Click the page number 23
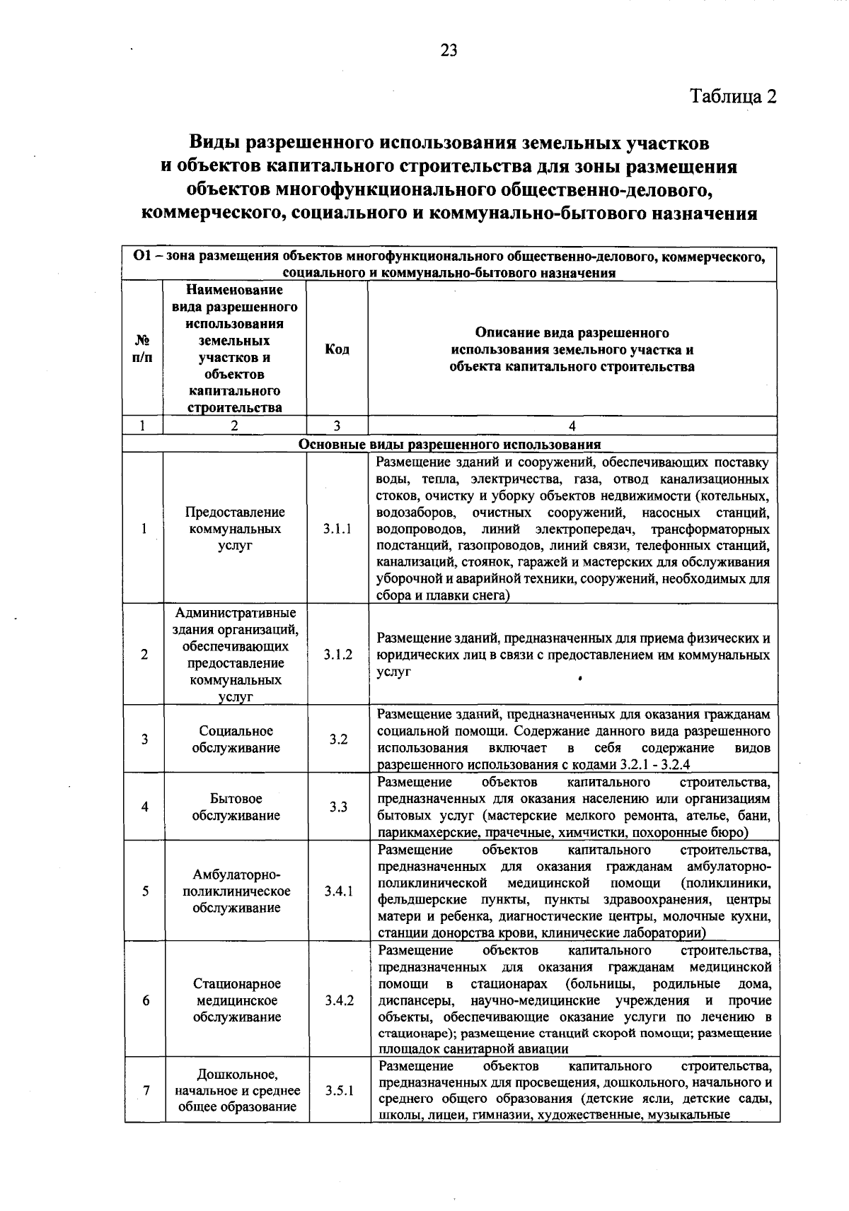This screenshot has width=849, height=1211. pos(449,50)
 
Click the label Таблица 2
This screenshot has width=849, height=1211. pos(734,96)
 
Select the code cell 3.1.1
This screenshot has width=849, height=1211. pos(337,529)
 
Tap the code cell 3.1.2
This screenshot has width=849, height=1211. pos(338,655)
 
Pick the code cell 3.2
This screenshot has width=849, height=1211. pos(338,739)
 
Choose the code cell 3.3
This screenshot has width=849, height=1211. pos(338,807)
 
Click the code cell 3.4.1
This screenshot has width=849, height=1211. pos(338,891)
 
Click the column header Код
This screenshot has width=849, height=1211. pos(337,349)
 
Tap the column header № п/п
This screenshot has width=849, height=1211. pos(143,349)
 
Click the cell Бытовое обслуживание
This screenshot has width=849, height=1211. pos(236,807)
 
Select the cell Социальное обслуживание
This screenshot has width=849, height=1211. pos(236,739)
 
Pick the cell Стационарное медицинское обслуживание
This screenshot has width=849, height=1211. pos(236,1000)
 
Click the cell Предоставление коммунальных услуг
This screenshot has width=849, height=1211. pos(236,529)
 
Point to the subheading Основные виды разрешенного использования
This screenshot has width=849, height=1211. pos(450,445)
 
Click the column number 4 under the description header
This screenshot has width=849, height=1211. pos(572,426)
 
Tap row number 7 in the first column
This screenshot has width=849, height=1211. pos(145,1090)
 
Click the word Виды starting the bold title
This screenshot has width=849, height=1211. pos(214,143)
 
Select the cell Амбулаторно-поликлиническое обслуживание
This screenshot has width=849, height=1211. pos(236,891)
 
